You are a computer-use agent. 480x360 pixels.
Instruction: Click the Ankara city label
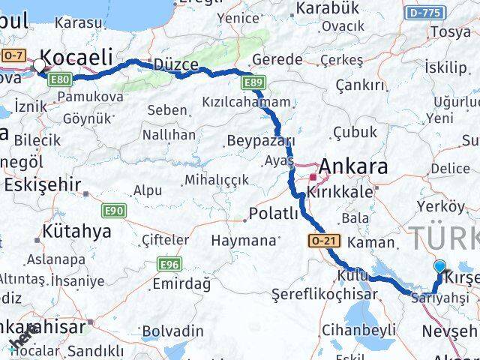[x=353, y=166]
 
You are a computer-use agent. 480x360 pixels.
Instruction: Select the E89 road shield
[x=253, y=81]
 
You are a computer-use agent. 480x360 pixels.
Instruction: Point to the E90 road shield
[x=115, y=211]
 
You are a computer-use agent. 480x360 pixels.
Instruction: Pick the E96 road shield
[x=169, y=264]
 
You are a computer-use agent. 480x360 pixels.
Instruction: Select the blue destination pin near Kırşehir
[x=440, y=266]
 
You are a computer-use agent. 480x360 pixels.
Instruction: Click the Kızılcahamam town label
[x=245, y=102]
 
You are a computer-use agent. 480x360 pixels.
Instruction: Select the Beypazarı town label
[x=260, y=141]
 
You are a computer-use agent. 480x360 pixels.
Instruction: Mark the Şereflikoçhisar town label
[x=324, y=294]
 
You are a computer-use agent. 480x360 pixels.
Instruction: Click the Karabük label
[x=328, y=9]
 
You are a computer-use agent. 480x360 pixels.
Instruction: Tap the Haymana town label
[x=243, y=241]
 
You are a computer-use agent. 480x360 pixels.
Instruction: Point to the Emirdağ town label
[x=181, y=283]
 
